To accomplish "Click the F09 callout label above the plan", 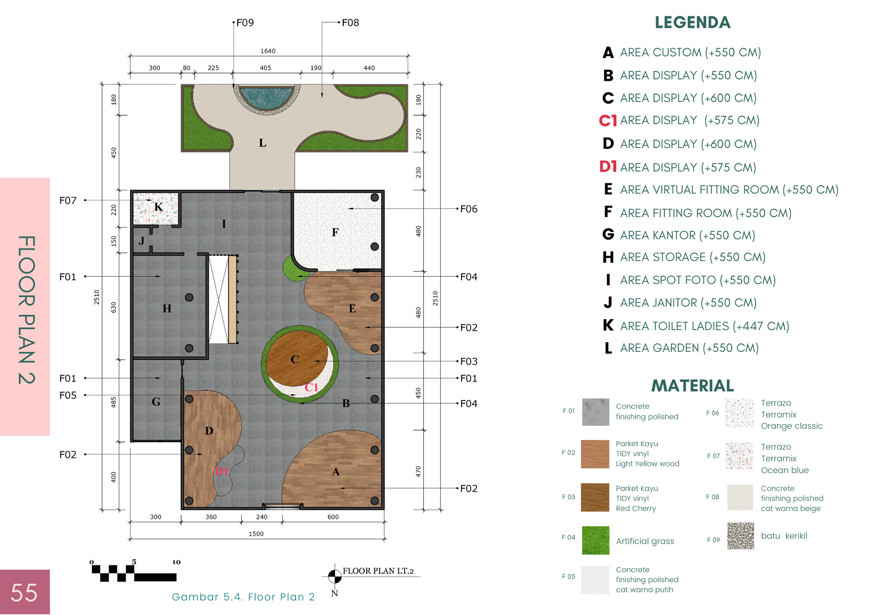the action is [245, 23].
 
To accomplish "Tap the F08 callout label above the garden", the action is [350, 23].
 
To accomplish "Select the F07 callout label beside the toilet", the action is [68, 201].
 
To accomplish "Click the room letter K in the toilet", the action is [158, 207].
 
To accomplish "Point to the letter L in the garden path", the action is [263, 143].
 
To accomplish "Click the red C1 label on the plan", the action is [311, 388].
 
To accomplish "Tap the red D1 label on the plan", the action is [222, 471].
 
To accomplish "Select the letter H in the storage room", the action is [167, 309].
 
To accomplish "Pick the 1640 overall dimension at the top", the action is [268, 51].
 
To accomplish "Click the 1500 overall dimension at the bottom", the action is [256, 534].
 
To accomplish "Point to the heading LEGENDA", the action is [693, 23].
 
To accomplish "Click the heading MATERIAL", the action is [693, 386].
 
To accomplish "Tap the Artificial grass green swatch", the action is [596, 540].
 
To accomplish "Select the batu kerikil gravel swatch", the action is [741, 536].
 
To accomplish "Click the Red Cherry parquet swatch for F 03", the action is [595, 497].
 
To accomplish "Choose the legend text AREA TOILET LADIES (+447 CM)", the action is [705, 326].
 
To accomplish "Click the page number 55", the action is [24, 592].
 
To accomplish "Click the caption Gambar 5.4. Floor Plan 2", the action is [243, 597].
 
